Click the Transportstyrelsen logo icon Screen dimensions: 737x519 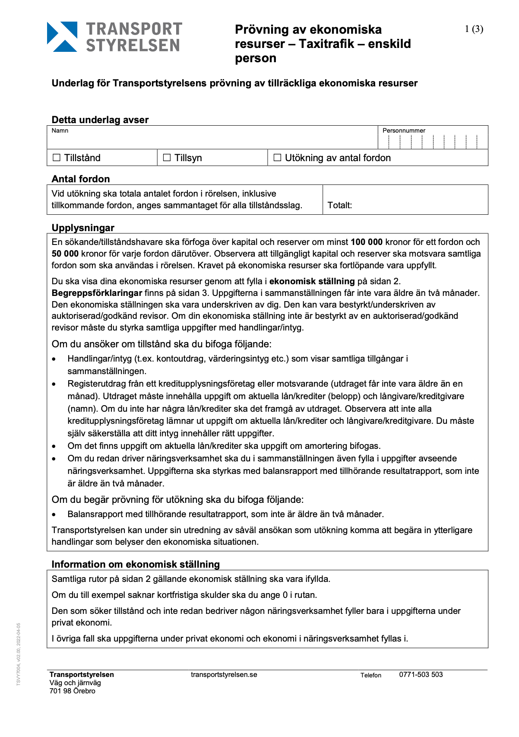pos(62,37)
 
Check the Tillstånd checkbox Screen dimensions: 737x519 pos(57,158)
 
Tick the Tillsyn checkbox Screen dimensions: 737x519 pos(167,158)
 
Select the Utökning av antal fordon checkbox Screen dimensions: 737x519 pos(277,158)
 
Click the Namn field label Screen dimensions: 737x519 pos(60,130)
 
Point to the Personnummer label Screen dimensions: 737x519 pos(404,130)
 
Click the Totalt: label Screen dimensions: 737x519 pos(339,205)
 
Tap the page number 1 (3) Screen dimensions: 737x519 pos(474,29)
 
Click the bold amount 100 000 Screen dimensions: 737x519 pos(367,242)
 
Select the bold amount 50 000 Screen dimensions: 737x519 pos(65,254)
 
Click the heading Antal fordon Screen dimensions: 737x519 pos(81,179)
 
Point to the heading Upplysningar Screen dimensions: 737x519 pos(83,228)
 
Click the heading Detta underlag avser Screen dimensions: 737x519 pos(100,120)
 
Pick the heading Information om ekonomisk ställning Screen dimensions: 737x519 pos(136,564)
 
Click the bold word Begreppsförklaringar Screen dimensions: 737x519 pos(97,293)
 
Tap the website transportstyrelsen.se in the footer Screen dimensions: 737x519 pos(224,675)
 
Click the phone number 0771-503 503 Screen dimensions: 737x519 pos(421,675)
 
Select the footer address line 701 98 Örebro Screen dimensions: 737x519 pos(72,691)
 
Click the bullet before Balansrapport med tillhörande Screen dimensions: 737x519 pos(54,515)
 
